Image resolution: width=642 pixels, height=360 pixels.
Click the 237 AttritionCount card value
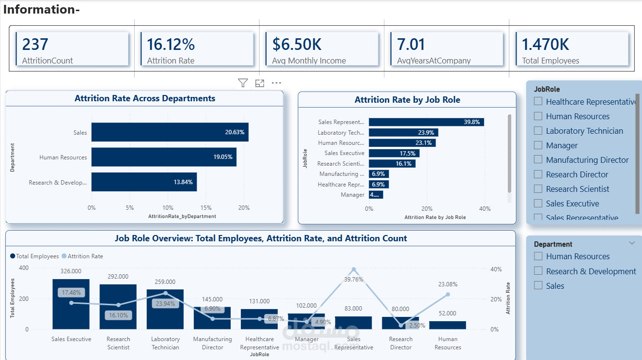pyautogui.click(x=35, y=45)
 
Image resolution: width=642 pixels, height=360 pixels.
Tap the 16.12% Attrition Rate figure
pyautogui.click(x=171, y=45)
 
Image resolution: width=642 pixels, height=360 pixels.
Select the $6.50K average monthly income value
pyautogui.click(x=297, y=45)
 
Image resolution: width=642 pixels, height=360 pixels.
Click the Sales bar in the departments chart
pyautogui.click(x=170, y=132)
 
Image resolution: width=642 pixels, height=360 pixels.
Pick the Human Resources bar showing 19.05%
pyautogui.click(x=164, y=157)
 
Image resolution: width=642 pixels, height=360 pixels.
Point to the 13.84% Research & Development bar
pyautogui.click(x=144, y=182)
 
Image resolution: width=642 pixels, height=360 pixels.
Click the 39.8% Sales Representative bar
pyautogui.click(x=426, y=122)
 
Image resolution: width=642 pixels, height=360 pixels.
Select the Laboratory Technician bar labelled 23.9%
pyautogui.click(x=403, y=133)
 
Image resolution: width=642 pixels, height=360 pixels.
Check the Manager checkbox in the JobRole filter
pyautogui.click(x=538, y=145)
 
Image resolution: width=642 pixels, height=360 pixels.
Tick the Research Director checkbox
pyautogui.click(x=538, y=174)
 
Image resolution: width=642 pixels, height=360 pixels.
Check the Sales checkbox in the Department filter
pyautogui.click(x=538, y=285)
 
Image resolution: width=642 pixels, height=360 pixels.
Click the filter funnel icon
pyautogui.click(x=243, y=83)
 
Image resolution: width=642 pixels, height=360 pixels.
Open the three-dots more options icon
pyautogui.click(x=276, y=83)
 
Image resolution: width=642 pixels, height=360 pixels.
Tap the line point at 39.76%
pyautogui.click(x=354, y=269)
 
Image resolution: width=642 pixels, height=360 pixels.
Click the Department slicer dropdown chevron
pyautogui.click(x=631, y=243)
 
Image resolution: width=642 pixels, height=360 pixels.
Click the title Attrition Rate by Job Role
pyautogui.click(x=407, y=100)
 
